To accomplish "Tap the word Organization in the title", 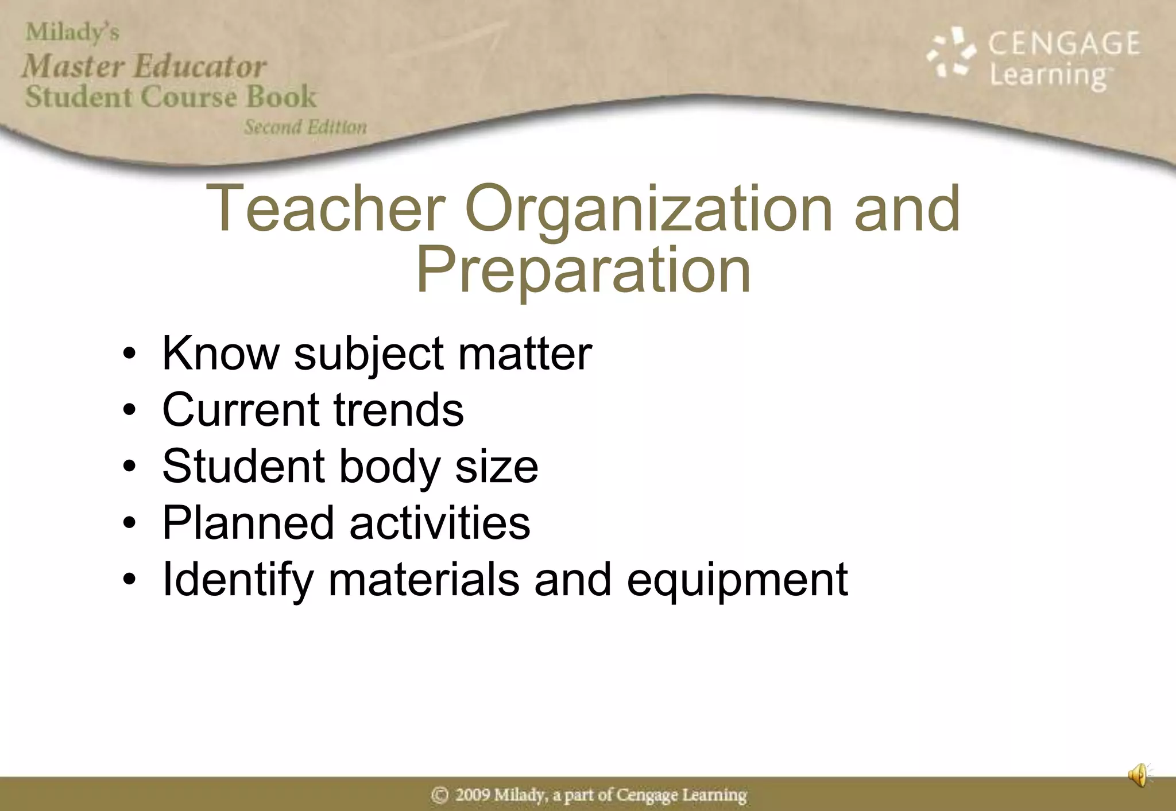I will [x=648, y=209].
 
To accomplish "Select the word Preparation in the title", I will [x=583, y=270].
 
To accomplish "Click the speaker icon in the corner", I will [x=1139, y=775].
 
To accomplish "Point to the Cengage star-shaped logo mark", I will [x=950, y=53].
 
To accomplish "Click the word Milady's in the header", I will [x=72, y=33].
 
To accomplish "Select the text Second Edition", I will [x=305, y=127].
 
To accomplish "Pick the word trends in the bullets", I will [x=399, y=410].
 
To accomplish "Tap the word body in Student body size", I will [x=389, y=466].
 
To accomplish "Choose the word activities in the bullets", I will [x=440, y=523].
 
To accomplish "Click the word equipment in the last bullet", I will [x=737, y=580].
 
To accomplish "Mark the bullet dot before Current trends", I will [x=130, y=410].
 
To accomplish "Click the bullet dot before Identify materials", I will [x=130, y=580].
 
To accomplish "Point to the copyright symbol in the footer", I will [x=440, y=795].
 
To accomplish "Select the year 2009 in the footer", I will [x=472, y=795].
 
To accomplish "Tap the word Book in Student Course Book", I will [x=281, y=96].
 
